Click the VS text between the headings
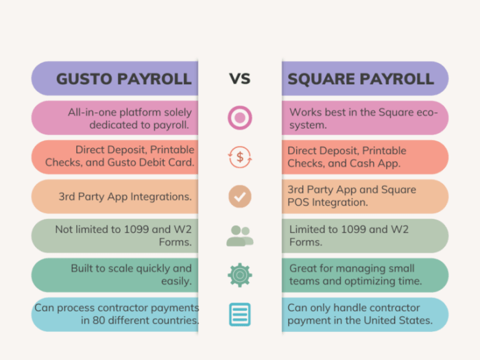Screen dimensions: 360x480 (239, 78)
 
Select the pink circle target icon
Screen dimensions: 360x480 (239, 118)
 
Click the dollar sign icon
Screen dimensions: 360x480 (239, 157)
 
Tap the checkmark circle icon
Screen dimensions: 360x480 (239, 197)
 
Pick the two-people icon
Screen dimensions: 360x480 (239, 236)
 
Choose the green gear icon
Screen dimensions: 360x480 (239, 275)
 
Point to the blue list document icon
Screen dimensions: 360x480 (239, 314)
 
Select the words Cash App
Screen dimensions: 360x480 (382, 163)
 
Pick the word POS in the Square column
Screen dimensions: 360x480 (300, 202)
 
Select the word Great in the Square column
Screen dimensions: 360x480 (303, 269)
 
